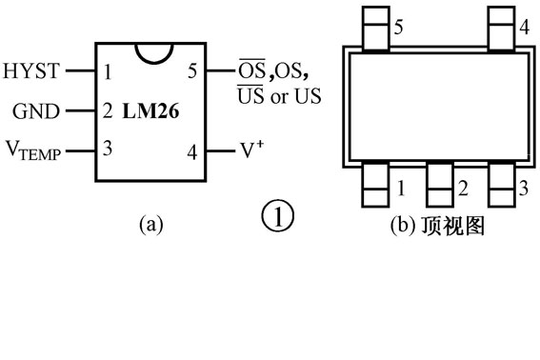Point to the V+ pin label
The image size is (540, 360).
click(x=250, y=150)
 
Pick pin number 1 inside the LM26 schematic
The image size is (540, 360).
click(x=109, y=70)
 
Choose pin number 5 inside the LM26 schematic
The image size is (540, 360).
click(x=193, y=70)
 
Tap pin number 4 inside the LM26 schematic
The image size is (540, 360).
click(x=193, y=150)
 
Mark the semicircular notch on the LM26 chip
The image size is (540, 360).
click(x=150, y=53)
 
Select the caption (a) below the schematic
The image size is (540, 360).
click(x=151, y=225)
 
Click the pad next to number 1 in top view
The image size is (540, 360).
click(x=375, y=185)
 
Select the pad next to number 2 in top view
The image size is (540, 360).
click(x=439, y=185)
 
